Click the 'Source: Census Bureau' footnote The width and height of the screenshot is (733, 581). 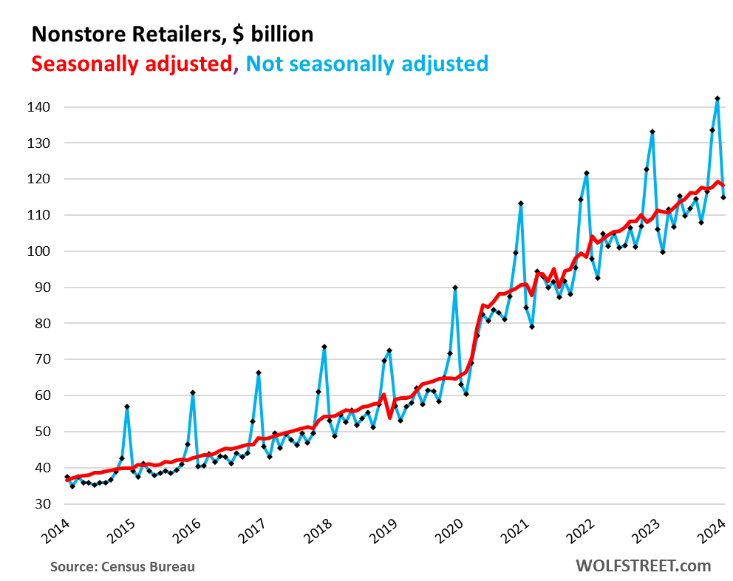click(123, 567)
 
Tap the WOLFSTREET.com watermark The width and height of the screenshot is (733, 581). click(643, 566)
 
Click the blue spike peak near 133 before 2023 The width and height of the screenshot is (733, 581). click(652, 132)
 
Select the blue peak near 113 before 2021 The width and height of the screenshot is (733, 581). click(520, 203)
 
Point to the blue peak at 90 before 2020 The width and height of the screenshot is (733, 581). click(454, 288)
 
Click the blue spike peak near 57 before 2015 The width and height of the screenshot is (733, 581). click(127, 407)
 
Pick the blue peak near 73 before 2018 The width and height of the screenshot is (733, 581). click(324, 347)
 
